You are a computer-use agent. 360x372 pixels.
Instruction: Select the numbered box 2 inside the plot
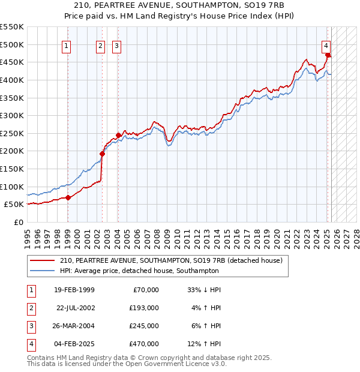pyautogui.click(x=100, y=45)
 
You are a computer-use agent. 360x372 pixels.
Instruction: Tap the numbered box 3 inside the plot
pyautogui.click(x=116, y=45)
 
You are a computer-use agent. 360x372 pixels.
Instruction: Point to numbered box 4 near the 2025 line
pyautogui.click(x=325, y=45)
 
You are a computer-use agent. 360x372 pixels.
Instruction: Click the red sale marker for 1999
pyautogui.click(x=68, y=197)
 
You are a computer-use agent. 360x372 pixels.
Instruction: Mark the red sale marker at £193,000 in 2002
pyautogui.click(x=102, y=154)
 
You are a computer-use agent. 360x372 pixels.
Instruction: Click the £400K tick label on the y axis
pyautogui.click(x=12, y=80)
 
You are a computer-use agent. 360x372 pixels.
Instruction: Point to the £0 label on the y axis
pyautogui.click(x=19, y=222)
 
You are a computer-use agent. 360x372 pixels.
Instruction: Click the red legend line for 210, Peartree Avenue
pyautogui.click(x=43, y=261)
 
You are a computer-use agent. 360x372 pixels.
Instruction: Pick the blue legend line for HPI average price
pyautogui.click(x=43, y=271)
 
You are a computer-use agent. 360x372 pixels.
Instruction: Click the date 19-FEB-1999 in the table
pyautogui.click(x=74, y=290)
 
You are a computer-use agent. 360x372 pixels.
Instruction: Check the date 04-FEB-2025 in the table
pyautogui.click(x=74, y=344)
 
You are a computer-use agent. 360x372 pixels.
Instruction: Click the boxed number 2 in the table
pyautogui.click(x=31, y=308)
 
